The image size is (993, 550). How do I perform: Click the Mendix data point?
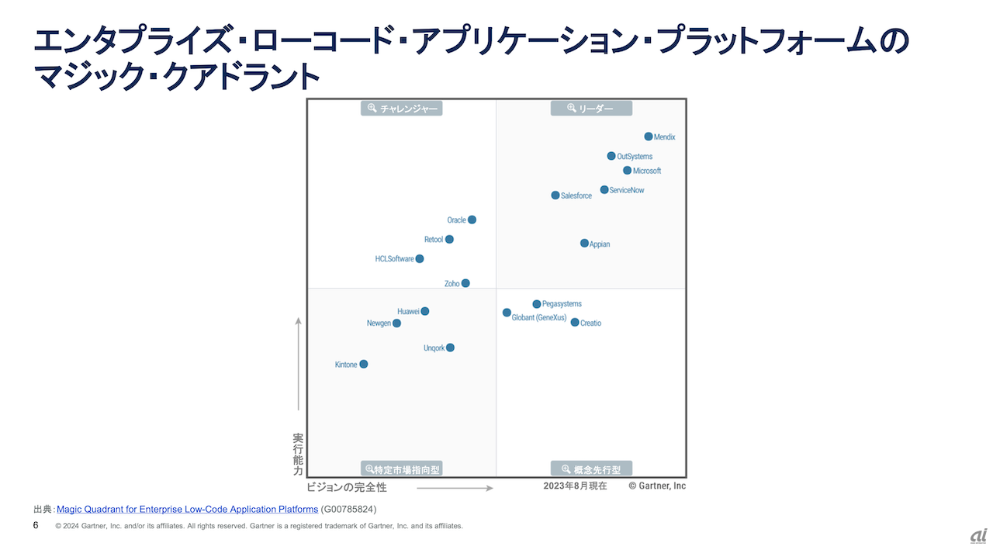point(649,137)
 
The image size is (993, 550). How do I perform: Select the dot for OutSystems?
point(611,156)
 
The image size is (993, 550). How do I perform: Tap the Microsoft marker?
point(628,171)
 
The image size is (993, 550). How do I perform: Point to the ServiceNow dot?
point(604,190)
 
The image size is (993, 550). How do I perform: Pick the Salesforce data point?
point(555,195)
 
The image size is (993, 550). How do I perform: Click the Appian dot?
point(584,244)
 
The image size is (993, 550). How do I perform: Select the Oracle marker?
point(472,220)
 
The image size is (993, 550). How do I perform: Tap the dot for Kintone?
point(364,364)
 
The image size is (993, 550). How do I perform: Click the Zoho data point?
point(465,283)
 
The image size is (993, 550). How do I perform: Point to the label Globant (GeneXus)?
point(539,317)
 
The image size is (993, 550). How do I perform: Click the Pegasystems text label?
point(562,304)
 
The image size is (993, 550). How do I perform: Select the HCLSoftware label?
point(394,259)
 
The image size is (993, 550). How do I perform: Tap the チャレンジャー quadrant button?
point(402,109)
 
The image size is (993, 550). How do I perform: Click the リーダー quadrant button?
point(591,109)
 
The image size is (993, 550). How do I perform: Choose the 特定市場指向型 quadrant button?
point(402,469)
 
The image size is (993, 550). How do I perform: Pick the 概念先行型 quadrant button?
point(591,469)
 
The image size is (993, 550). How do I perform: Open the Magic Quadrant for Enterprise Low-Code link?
point(187,509)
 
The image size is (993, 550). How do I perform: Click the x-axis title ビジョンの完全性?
point(346,487)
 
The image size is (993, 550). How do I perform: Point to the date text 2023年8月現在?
point(575,486)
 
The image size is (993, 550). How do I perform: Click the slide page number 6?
point(36,525)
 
